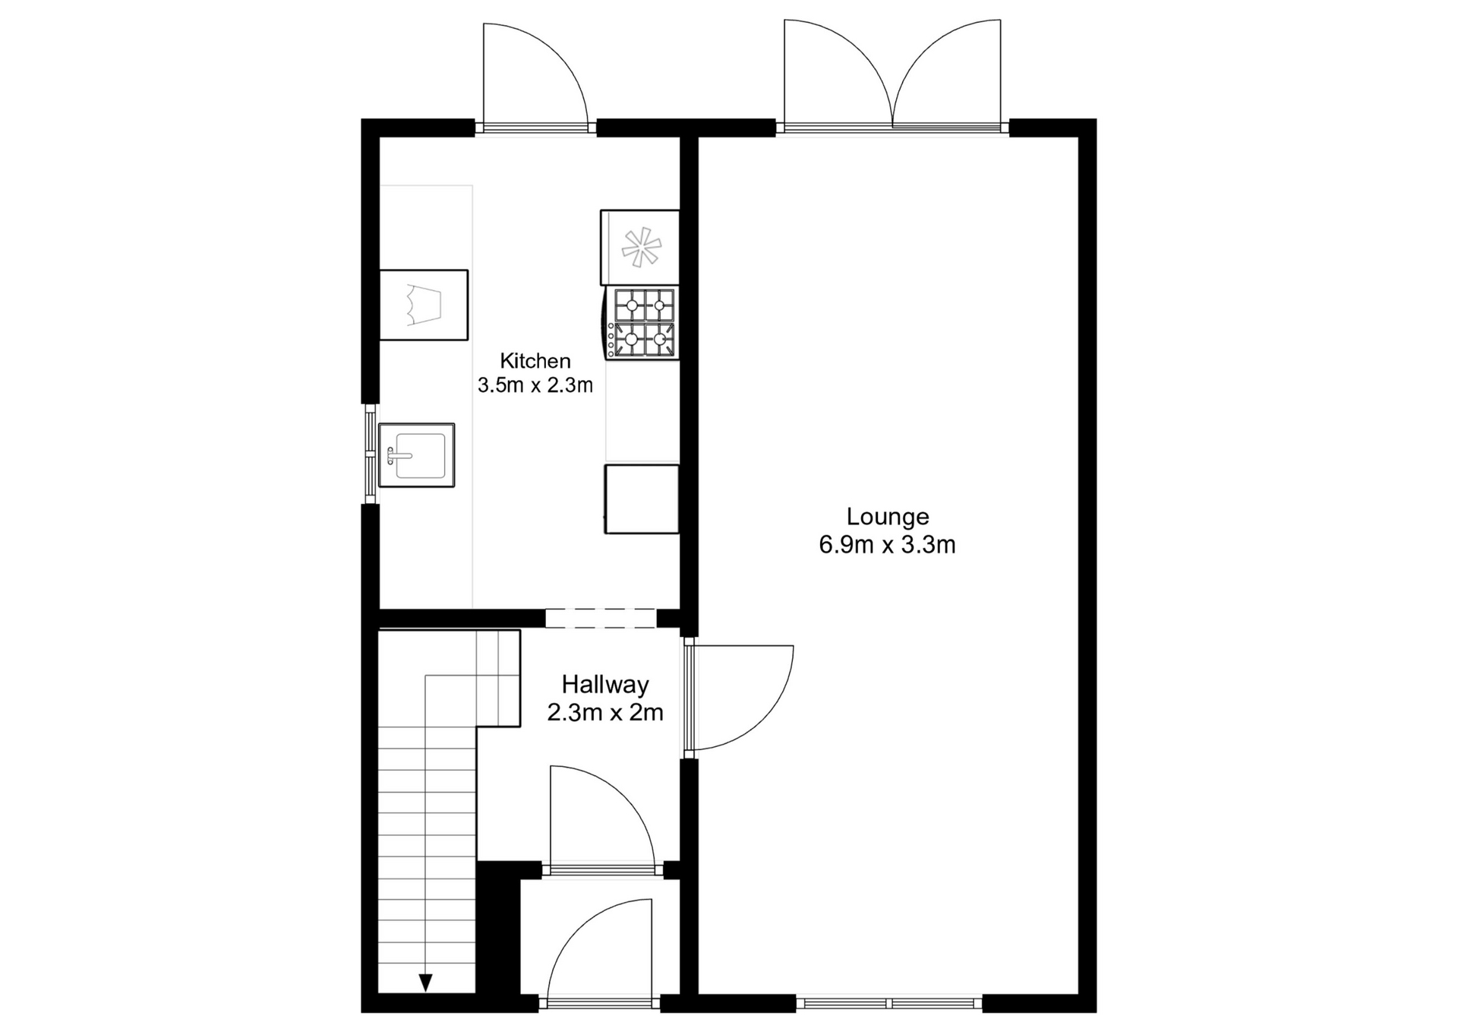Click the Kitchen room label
pos(535,360)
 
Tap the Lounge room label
pos(888,517)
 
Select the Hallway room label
pos(605,685)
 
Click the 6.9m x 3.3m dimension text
pos(887,545)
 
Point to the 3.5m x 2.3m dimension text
pos(535,385)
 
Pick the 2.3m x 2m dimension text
pos(605,713)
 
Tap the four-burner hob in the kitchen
pos(642,323)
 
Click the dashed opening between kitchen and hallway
pos(601,618)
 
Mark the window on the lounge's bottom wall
pos(889,1003)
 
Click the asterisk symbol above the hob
pos(641,247)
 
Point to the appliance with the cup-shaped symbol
pos(424,305)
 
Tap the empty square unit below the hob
pos(642,499)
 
